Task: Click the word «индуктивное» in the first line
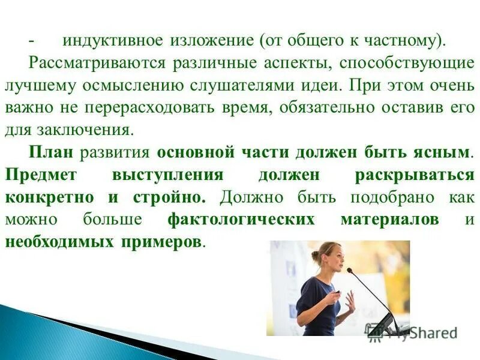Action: (x=112, y=41)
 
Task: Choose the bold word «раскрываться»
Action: (x=415, y=175)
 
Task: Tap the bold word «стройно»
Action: (x=178, y=197)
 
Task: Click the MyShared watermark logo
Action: (x=414, y=331)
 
